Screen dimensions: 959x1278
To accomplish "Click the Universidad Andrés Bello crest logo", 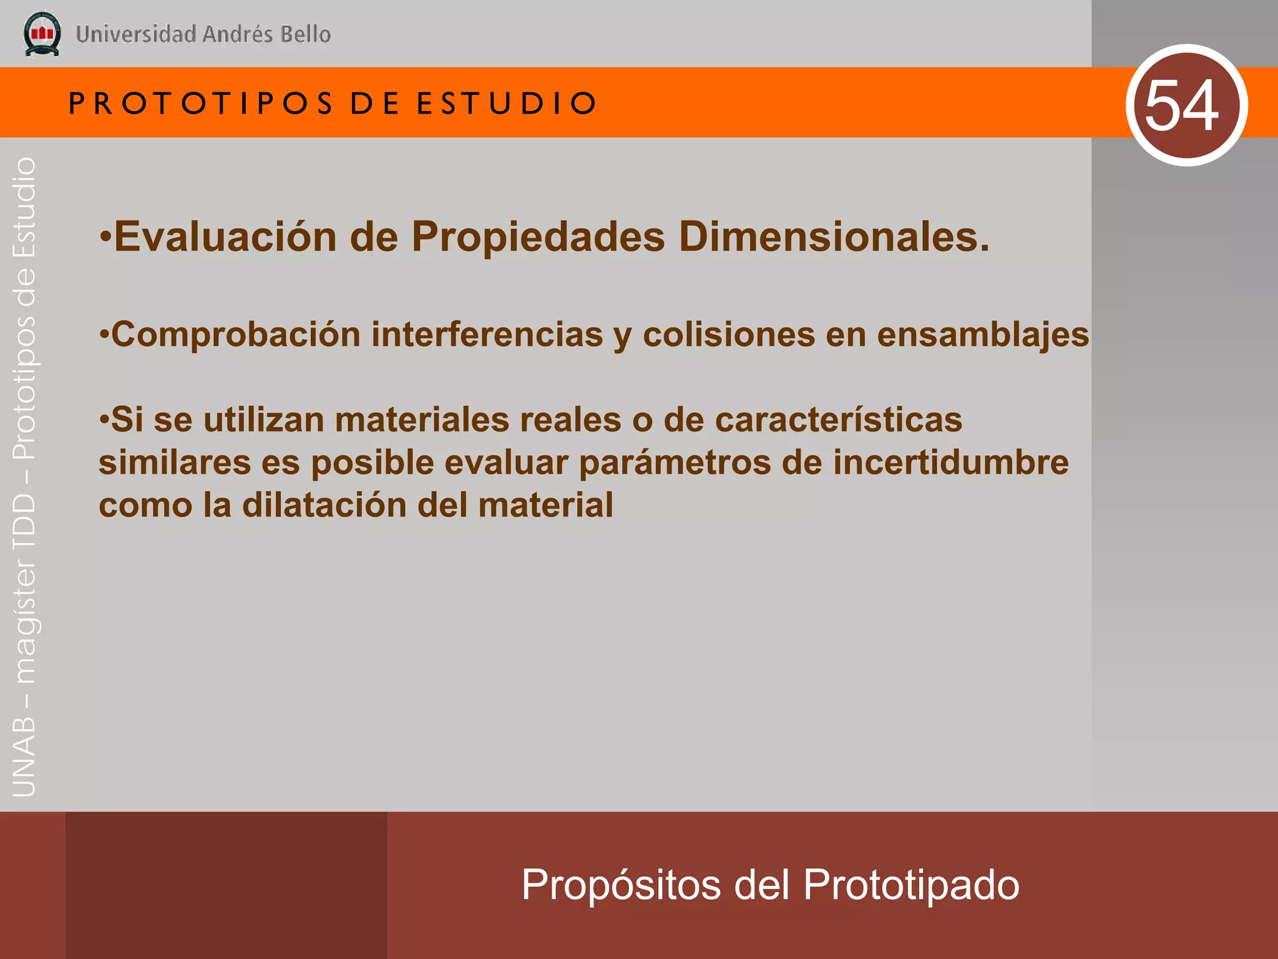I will (42, 34).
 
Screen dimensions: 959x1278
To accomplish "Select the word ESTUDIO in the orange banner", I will (507, 103).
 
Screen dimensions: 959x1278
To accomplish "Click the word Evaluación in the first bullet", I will (225, 237).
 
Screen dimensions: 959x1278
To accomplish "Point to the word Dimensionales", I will (834, 237).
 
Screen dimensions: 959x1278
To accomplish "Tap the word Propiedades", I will (538, 237).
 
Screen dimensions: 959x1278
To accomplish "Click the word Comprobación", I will (236, 335).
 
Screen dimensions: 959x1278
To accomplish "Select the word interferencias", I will (487, 335).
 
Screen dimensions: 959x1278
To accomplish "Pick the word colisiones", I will (729, 335).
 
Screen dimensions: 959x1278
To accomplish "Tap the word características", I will (838, 420).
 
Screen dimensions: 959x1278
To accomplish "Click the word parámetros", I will (675, 464).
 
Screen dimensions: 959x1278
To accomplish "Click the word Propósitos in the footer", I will (621, 885).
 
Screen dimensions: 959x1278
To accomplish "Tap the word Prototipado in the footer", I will (911, 885).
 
